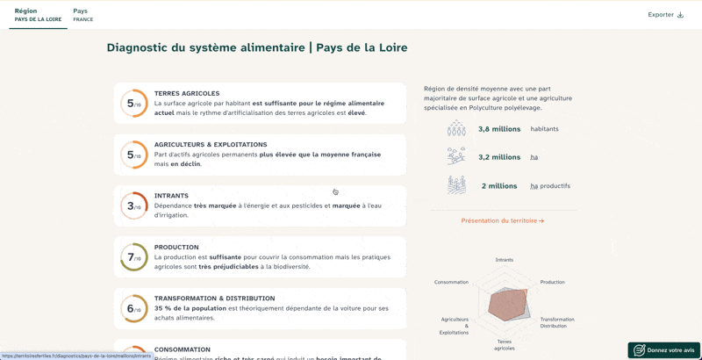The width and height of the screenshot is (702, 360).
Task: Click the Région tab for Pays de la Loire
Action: pyautogui.click(x=38, y=15)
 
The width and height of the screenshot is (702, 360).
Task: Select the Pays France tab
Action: pyautogui.click(x=82, y=15)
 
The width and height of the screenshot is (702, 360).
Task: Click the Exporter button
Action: pyautogui.click(x=665, y=15)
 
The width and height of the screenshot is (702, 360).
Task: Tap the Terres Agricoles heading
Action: pyautogui.click(x=187, y=93)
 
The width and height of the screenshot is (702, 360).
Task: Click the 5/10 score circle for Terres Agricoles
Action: pyautogui.click(x=133, y=104)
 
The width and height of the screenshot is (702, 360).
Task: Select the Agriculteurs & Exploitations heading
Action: pyautogui.click(x=211, y=144)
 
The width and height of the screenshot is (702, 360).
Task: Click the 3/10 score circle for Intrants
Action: pyautogui.click(x=133, y=206)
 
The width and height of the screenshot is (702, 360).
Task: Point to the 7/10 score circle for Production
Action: pyautogui.click(x=133, y=257)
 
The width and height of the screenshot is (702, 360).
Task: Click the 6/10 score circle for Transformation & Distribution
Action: pyautogui.click(x=133, y=308)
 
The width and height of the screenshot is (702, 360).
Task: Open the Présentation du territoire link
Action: pyautogui.click(x=502, y=221)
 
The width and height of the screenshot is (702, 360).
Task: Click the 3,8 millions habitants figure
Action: pyautogui.click(x=499, y=129)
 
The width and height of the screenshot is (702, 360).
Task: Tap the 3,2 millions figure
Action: pyautogui.click(x=499, y=157)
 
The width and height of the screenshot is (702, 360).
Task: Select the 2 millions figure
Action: pyautogui.click(x=499, y=186)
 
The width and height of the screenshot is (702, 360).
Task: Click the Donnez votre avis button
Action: pyautogui.click(x=663, y=350)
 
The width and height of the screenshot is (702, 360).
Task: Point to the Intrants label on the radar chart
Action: pyautogui.click(x=505, y=260)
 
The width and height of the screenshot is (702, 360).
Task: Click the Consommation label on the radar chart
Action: pyautogui.click(x=451, y=282)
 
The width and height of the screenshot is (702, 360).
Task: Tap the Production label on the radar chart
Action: pyautogui.click(x=552, y=282)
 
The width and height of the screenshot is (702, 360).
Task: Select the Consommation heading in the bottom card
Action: pyautogui.click(x=182, y=349)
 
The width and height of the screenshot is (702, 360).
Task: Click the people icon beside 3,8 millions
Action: pyautogui.click(x=456, y=129)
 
